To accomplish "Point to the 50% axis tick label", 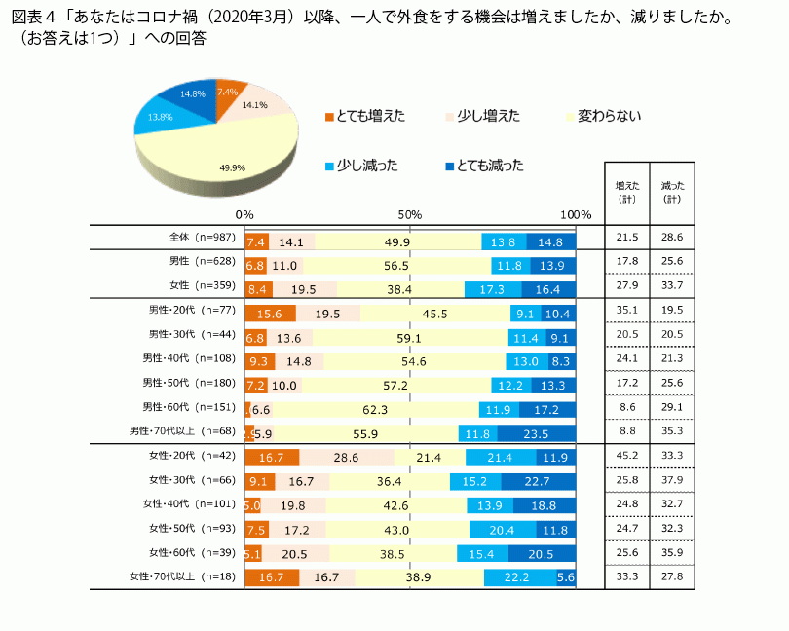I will coord(410,214).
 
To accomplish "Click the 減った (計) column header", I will coord(672,191).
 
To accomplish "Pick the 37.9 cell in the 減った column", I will coord(672,480).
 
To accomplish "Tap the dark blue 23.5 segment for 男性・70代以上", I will coord(537,433).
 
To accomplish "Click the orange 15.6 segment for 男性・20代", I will coord(270,314).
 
